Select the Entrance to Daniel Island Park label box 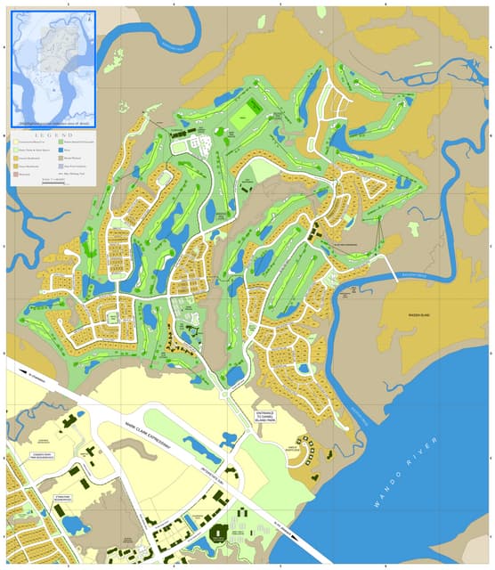click(x=276, y=416)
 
